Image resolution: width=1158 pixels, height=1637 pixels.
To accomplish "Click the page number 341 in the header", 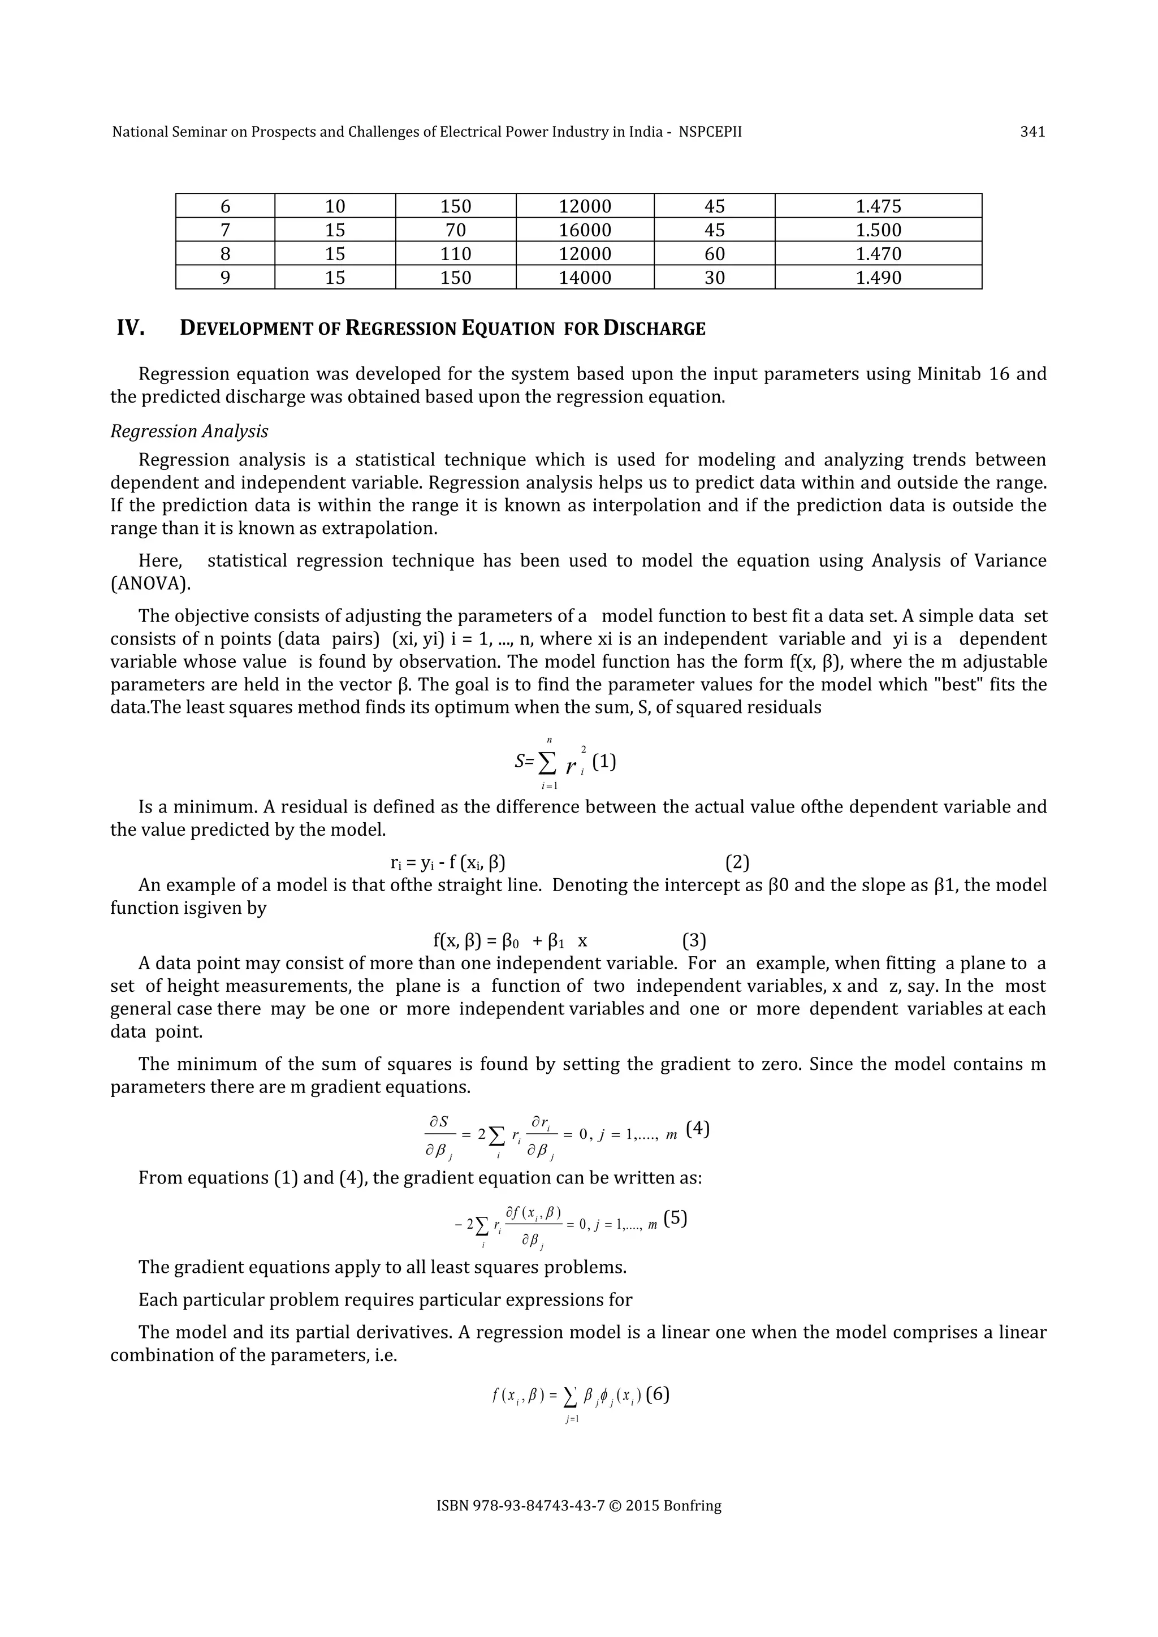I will (x=1032, y=132).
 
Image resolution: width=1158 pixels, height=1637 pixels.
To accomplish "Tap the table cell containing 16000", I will (x=584, y=230).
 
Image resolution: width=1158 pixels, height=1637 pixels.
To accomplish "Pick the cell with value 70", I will (x=455, y=230).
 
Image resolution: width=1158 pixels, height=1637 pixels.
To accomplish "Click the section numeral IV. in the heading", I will (x=131, y=329).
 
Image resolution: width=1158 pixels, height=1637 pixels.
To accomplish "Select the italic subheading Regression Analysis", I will (x=189, y=431).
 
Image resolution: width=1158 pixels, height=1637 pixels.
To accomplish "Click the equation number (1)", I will (x=604, y=762).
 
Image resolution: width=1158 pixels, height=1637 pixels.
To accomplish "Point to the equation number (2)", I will (x=737, y=863).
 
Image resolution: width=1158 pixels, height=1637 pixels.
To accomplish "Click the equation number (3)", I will (x=694, y=941).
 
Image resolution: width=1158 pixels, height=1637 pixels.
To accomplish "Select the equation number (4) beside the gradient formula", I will (x=697, y=1129).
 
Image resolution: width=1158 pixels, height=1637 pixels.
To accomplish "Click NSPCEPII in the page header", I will (x=710, y=132).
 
